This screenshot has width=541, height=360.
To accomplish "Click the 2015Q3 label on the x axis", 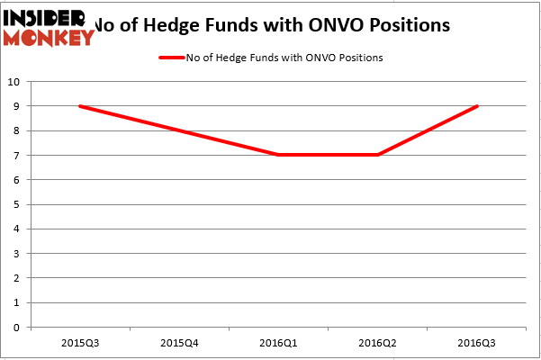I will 80,342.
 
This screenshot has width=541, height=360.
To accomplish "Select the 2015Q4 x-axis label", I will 179,342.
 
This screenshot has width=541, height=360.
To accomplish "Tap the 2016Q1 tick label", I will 278,342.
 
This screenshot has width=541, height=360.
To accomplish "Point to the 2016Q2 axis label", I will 377,342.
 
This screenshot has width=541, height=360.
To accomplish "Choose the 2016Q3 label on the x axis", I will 476,342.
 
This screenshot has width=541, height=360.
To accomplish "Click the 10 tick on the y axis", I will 15,82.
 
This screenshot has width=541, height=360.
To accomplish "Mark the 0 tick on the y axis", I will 18,328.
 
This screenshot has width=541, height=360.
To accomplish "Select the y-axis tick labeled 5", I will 18,204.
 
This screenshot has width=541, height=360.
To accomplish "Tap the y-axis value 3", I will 18,254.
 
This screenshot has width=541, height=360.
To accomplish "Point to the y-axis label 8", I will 18,130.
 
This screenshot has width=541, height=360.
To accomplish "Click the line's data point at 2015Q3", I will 80,106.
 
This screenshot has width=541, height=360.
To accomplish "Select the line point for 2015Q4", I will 179,130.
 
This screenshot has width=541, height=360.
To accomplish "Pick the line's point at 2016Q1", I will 278,155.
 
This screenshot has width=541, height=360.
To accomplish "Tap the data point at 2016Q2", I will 377,155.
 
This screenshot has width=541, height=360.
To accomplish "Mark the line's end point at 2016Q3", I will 476,106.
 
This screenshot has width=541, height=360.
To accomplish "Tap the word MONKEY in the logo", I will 49,38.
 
